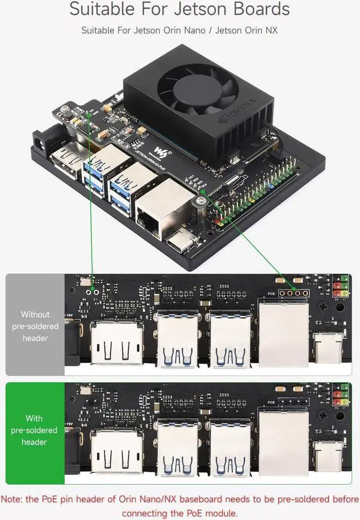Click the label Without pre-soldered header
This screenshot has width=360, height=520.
coord(35,326)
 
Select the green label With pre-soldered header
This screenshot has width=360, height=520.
coord(35,430)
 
